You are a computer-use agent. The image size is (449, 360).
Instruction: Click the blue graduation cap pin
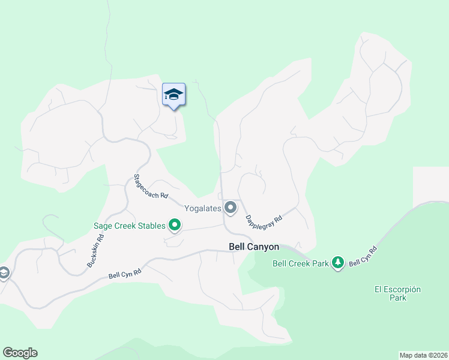[173, 95]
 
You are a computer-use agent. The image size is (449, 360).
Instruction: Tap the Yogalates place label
[203, 208]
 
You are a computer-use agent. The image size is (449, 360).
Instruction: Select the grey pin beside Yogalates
[231, 208]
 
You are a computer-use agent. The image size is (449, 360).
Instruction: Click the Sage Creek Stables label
[129, 226]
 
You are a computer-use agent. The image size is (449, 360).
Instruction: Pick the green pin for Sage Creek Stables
[175, 226]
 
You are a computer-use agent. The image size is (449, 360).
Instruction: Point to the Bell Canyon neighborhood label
[254, 246]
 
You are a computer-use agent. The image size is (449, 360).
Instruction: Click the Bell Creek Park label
[301, 263]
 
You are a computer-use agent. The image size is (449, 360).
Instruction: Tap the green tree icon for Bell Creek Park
[339, 262]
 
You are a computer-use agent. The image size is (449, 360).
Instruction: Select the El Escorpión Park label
[397, 293]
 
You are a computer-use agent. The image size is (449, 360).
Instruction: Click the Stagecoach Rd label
[150, 187]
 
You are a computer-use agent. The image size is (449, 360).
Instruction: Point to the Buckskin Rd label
[95, 250]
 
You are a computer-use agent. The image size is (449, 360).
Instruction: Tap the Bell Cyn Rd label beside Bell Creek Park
[363, 256]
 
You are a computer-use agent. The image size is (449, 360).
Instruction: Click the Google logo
[20, 353]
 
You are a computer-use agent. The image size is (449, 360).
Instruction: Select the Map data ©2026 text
[423, 355]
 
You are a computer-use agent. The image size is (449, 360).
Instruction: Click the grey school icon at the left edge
[3, 274]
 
